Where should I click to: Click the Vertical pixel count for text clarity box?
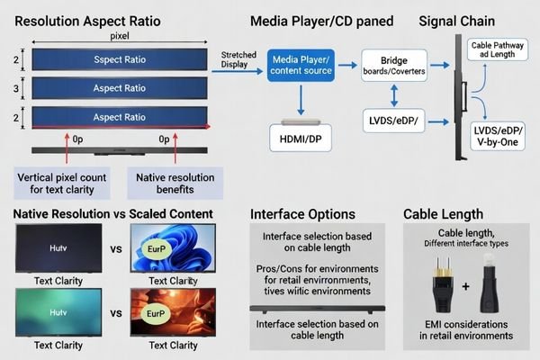click(x=60, y=184)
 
